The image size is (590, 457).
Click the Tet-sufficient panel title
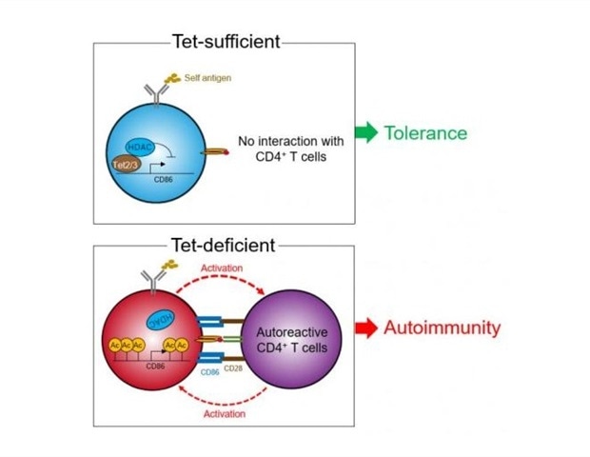coord(226,41)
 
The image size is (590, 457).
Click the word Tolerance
coord(425,132)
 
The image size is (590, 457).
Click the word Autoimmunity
coord(442,329)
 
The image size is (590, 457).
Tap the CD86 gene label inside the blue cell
coord(165,182)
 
